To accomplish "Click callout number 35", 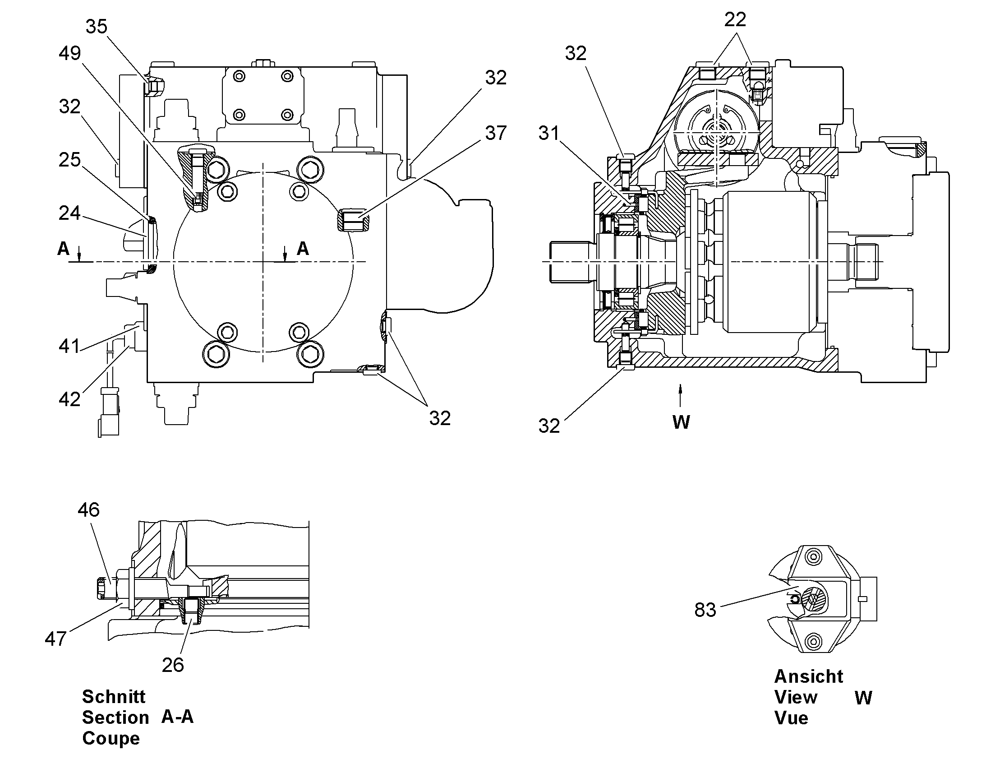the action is pos(97,27).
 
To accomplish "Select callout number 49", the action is pos(69,53).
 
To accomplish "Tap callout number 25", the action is pos(69,160).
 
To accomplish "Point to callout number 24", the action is pos(69,213).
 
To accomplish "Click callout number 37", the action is pos(496,133).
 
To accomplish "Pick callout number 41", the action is pos(69,346).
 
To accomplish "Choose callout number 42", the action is pos(69,399).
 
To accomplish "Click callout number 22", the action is pos(735,19).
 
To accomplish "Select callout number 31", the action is pos(548,133).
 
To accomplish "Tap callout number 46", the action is pos(88,510).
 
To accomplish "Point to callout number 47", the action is pos(55,639).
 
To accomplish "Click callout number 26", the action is pos(173,665).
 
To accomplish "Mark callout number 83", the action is pos(705,610).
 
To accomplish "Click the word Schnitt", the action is pos(114,697).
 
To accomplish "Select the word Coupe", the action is pos(111,739).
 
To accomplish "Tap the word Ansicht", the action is pos(809,676).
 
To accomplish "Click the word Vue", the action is pos(791,718).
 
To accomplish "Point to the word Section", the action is pos(115,718).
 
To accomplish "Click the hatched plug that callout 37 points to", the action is pos(354,220).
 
